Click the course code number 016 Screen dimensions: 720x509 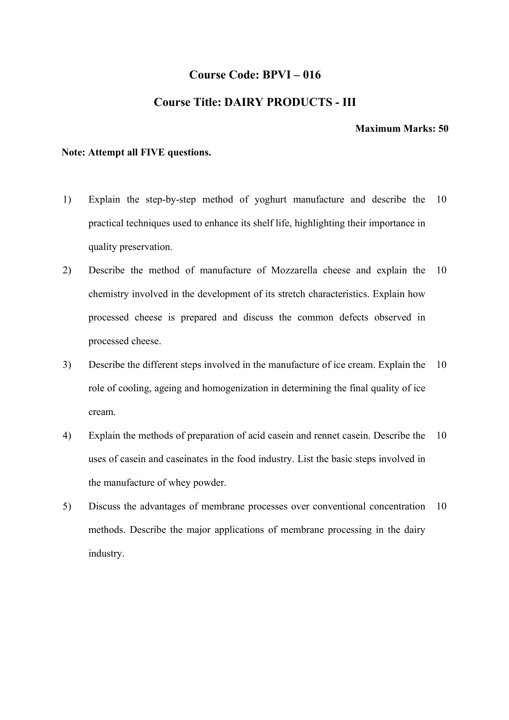pyautogui.click(x=312, y=75)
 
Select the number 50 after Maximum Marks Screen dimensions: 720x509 pyautogui.click(x=443, y=129)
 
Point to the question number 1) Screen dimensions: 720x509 pyautogui.click(x=67, y=199)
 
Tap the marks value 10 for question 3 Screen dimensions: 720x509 pyautogui.click(x=441, y=365)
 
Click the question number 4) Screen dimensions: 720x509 pyautogui.click(x=67, y=436)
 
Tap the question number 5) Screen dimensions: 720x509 pyautogui.click(x=67, y=506)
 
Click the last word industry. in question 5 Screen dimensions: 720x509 pyautogui.click(x=106, y=553)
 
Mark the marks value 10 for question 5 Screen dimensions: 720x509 pyautogui.click(x=441, y=506)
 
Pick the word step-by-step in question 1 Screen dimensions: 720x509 pyautogui.click(x=170, y=199)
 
